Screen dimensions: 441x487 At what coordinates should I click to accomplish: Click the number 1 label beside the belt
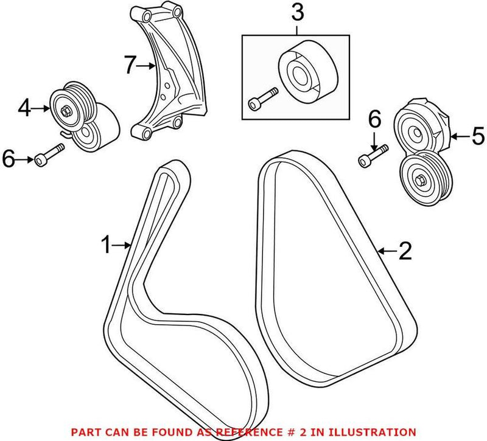[x=106, y=245]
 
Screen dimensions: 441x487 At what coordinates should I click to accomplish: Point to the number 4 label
[x=24, y=108]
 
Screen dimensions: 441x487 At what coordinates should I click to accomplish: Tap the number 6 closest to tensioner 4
[x=10, y=159]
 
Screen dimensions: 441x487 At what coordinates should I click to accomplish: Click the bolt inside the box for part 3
[x=262, y=99]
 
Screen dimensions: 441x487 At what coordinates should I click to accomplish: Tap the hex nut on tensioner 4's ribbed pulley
[x=65, y=110]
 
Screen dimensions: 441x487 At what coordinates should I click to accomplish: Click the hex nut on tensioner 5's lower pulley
[x=421, y=179]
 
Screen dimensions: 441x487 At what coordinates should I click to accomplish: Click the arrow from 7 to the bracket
[x=147, y=66]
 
